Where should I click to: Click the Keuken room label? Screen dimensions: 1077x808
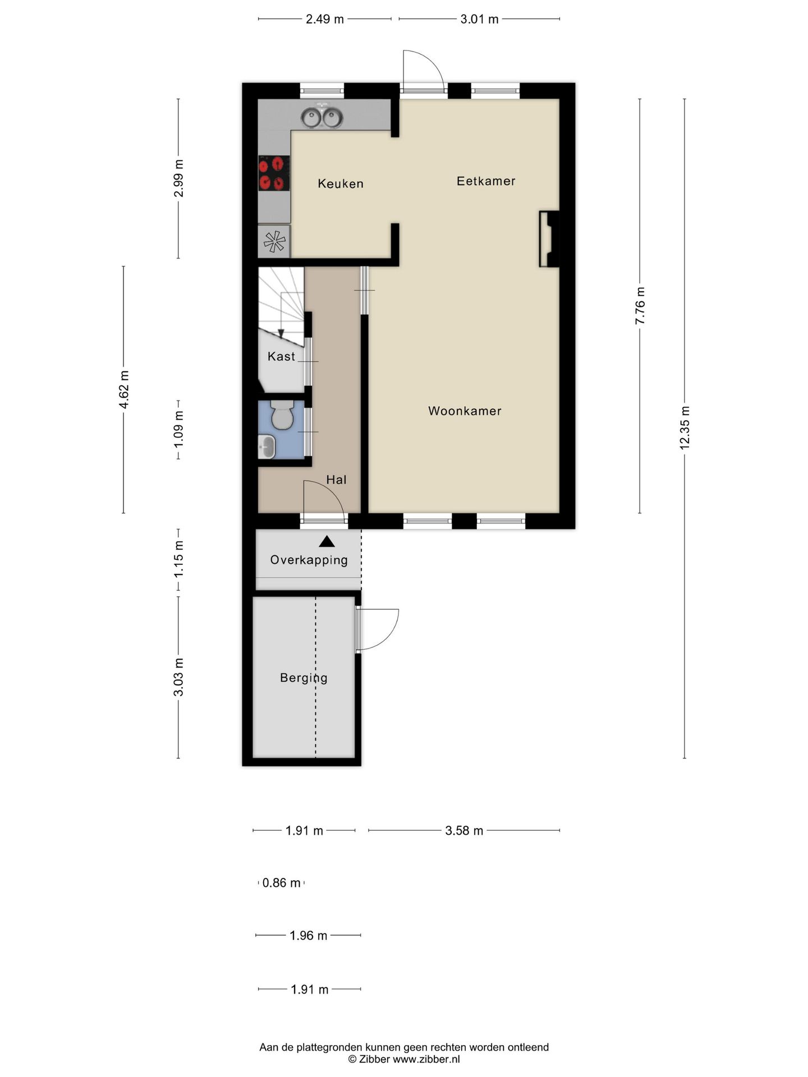click(x=340, y=183)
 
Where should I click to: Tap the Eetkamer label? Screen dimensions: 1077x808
click(x=485, y=181)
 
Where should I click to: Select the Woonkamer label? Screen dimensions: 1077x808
click(x=465, y=411)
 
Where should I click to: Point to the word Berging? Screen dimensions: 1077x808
click(x=304, y=678)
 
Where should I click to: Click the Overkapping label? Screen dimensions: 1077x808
click(x=309, y=560)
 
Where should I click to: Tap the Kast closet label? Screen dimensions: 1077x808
click(x=281, y=356)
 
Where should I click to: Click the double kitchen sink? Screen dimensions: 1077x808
click(x=322, y=117)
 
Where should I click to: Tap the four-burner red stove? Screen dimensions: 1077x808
click(x=274, y=173)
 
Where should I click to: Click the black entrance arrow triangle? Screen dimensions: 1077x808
click(x=327, y=542)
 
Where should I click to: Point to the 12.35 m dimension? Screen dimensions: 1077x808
click(x=685, y=427)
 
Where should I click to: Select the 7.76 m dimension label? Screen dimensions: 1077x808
click(x=640, y=305)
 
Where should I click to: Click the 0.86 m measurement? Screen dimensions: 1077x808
click(x=281, y=883)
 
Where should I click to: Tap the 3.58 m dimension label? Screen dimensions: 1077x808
click(x=464, y=831)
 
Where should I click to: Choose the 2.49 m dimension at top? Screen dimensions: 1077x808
click(x=324, y=19)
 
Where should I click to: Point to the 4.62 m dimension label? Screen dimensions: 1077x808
click(x=124, y=389)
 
